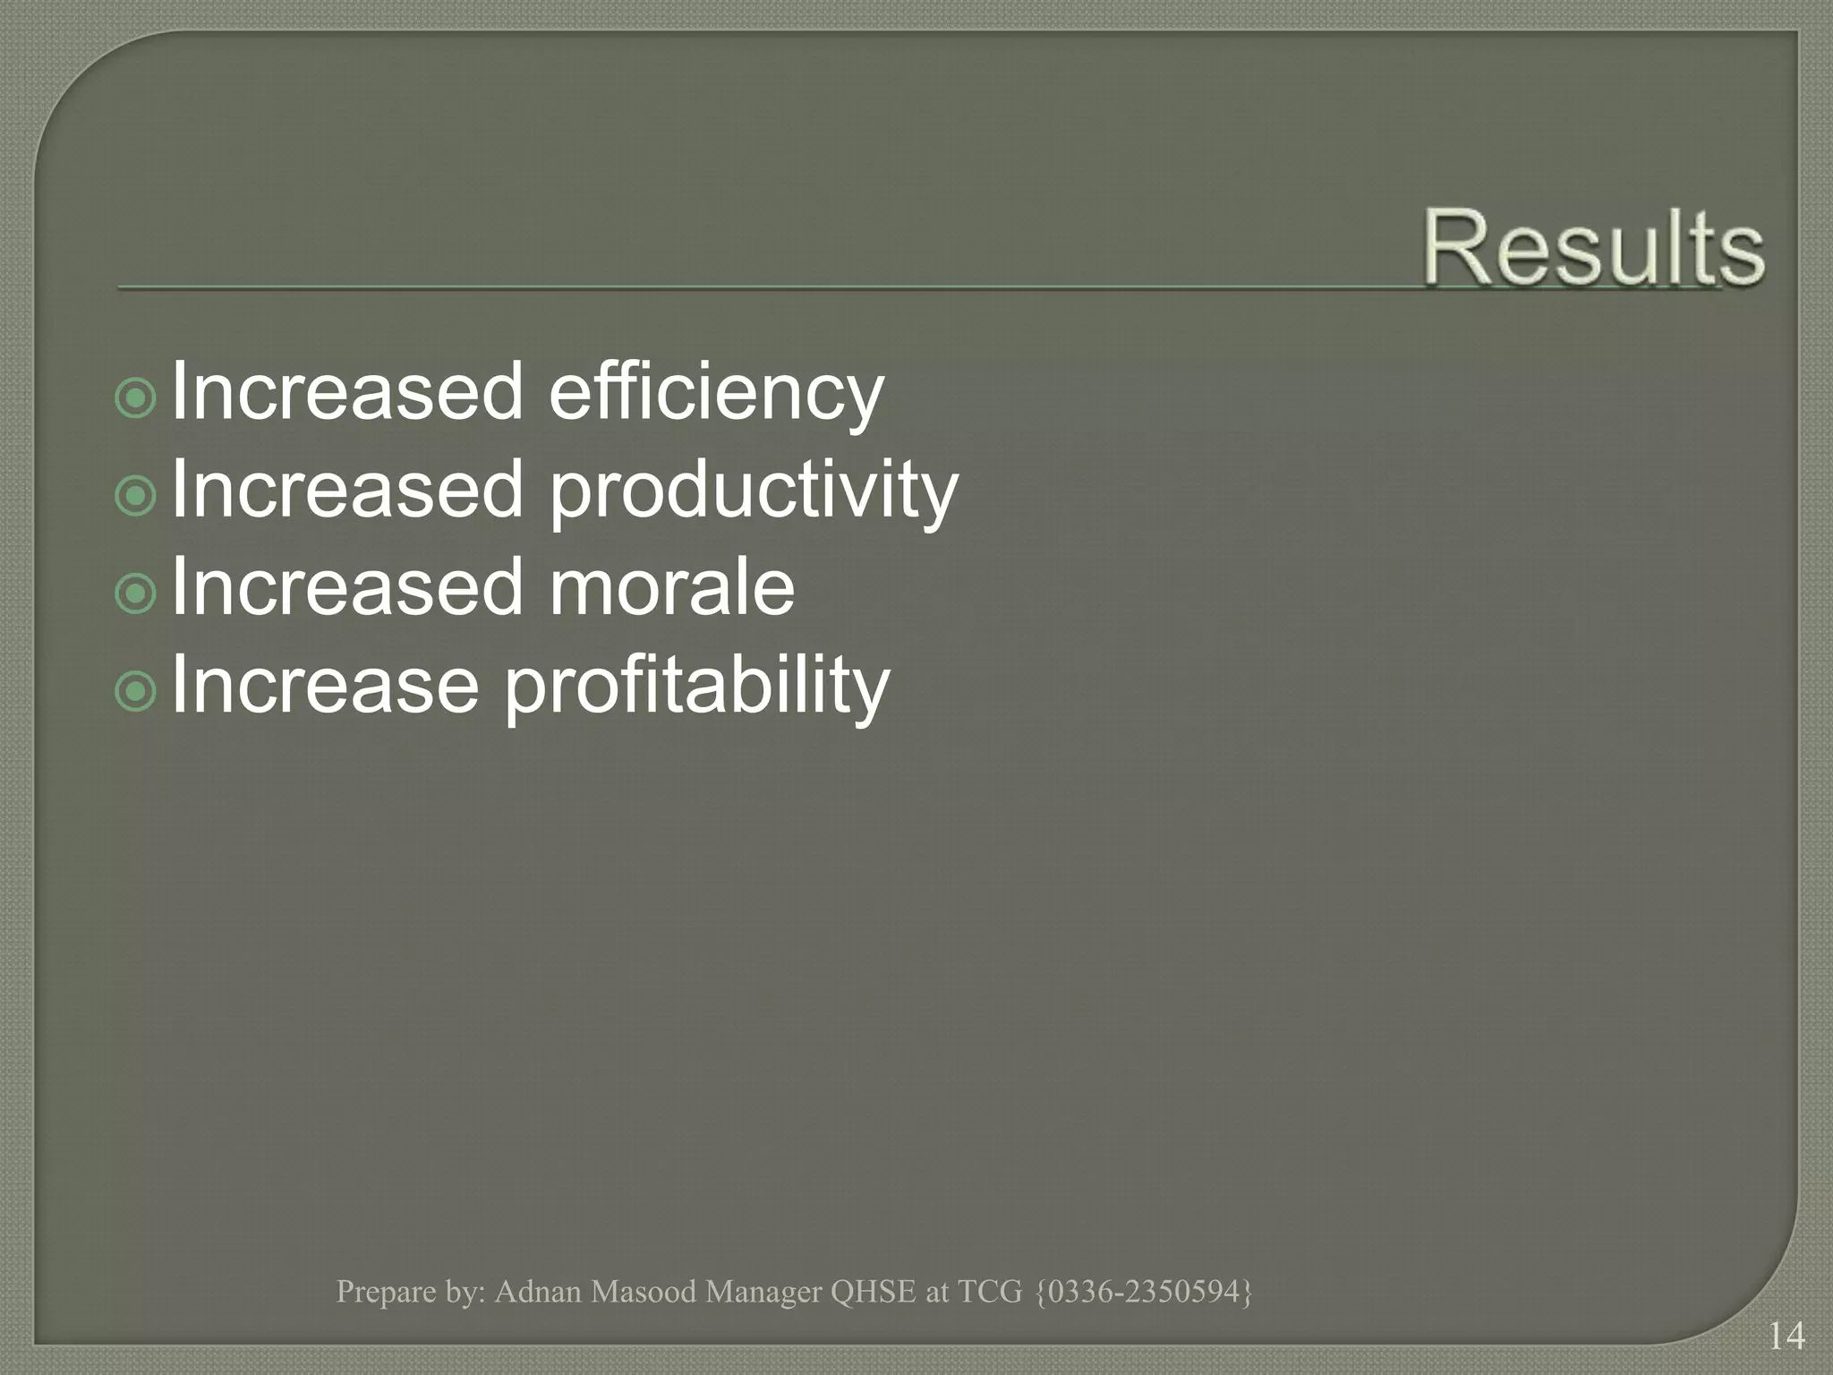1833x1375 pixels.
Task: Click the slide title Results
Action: [x=1593, y=247]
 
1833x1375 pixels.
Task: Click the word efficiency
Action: [x=716, y=394]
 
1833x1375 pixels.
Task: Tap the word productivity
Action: [x=753, y=492]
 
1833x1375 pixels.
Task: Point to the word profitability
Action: [x=697, y=687]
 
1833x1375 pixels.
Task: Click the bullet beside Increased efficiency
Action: [x=136, y=397]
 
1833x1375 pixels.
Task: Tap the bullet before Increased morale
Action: [x=136, y=593]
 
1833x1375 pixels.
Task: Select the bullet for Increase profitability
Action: [x=136, y=690]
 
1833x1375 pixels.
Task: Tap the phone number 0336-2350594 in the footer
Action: [x=1144, y=1291]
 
